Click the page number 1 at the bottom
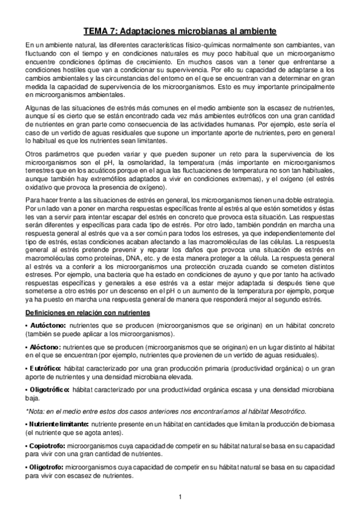point(180,496)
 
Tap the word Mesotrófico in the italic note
point(284,411)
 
